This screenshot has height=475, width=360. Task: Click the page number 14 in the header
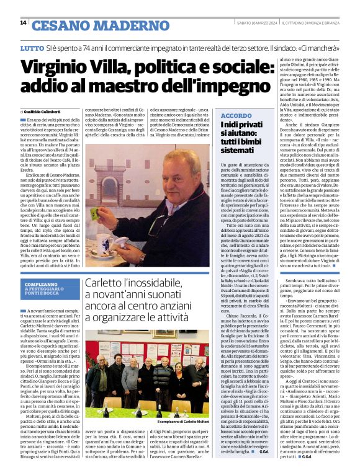tap(23, 23)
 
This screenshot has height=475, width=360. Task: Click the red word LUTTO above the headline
tap(32, 48)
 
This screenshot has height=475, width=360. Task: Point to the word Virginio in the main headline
tap(69, 69)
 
